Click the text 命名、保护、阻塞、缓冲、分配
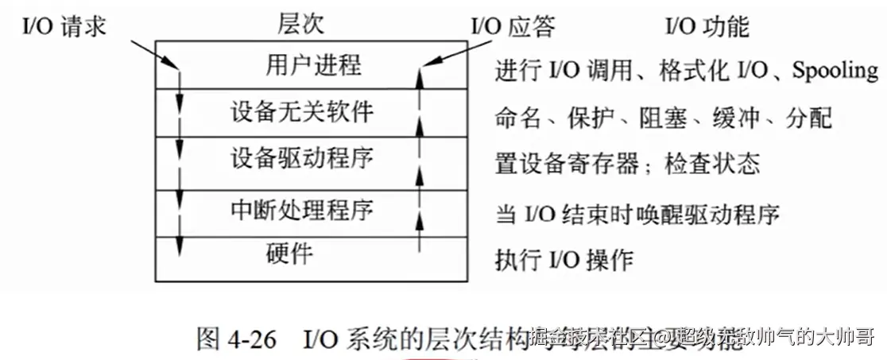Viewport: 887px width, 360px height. (x=663, y=118)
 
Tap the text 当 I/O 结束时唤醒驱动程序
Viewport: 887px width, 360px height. (x=637, y=214)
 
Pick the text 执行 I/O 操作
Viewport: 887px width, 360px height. (x=564, y=259)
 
